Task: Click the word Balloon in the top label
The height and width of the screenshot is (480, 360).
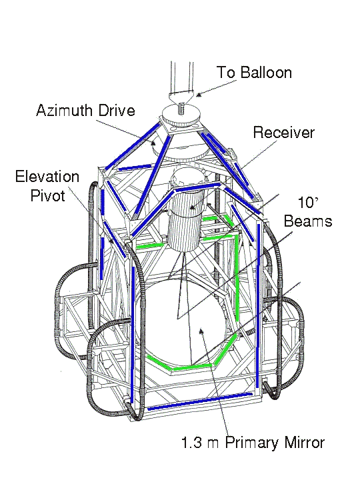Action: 266,73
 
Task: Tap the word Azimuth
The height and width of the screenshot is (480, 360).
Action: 63,110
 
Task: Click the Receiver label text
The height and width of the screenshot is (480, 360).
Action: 284,133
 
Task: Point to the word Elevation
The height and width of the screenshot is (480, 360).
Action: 47,177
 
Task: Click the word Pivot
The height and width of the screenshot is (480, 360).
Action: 48,195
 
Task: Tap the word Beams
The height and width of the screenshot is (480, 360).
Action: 308,221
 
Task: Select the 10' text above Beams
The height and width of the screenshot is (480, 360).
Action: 308,203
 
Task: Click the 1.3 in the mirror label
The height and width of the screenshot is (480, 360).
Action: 191,443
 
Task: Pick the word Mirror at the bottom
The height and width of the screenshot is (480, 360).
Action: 305,443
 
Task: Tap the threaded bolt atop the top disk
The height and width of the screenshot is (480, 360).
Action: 181,109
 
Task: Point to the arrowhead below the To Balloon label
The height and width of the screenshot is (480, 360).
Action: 199,94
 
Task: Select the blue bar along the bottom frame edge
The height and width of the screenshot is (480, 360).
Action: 200,401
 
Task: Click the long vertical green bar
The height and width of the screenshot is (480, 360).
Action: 237,278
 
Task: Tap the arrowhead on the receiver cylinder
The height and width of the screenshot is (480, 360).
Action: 193,207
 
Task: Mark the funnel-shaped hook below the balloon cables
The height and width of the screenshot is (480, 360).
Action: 181,99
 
